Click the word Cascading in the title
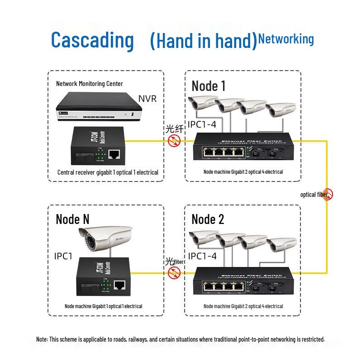[92, 40]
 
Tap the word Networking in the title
[286, 39]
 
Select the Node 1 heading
[208, 86]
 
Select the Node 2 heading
[208, 219]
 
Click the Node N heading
[72, 219]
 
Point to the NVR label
[147, 99]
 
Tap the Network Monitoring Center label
[89, 84]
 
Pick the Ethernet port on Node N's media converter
[119, 285]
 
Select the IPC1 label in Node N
[63, 256]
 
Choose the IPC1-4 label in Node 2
[202, 256]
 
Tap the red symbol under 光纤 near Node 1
[174, 141]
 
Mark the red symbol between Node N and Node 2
[174, 272]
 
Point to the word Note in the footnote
[42, 339]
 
